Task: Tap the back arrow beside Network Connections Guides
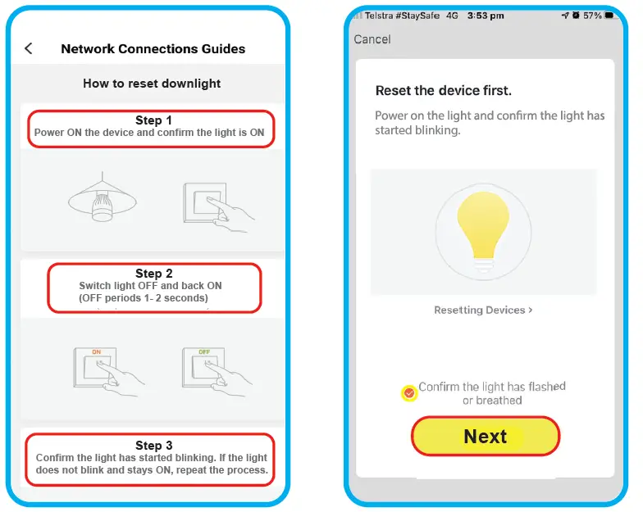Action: coord(29,49)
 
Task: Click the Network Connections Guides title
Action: coord(153,49)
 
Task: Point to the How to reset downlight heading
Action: coord(152,84)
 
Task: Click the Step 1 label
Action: coord(153,120)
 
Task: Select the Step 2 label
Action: coord(153,274)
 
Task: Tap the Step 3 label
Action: coord(153,446)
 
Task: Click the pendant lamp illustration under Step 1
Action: coord(100,200)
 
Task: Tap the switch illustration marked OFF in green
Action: coord(210,371)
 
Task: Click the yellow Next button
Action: coord(485,437)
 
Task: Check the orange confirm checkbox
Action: coord(409,393)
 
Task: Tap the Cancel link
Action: coord(372,39)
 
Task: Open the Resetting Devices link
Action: coord(483,310)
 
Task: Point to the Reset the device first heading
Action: coord(443,91)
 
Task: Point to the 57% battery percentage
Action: coord(592,16)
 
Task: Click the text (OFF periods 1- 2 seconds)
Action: coord(144,298)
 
